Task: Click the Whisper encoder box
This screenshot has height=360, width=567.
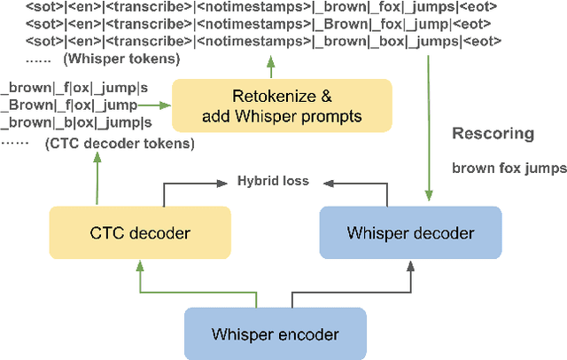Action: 275,334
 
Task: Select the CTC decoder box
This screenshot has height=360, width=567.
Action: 139,233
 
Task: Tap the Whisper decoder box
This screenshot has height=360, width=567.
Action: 410,233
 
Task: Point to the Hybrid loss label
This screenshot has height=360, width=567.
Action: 273,181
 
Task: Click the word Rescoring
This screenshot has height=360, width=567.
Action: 493,134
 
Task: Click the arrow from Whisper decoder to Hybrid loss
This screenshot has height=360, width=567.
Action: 359,184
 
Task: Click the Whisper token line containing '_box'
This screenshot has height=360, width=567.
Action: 251,42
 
